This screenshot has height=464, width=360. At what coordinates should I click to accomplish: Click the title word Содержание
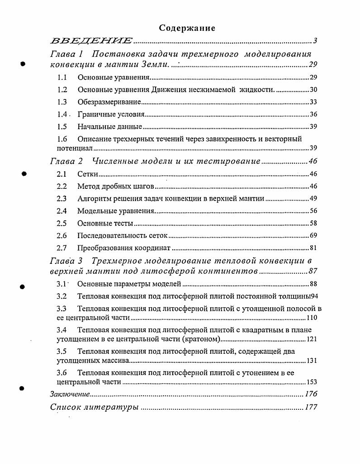click(187, 28)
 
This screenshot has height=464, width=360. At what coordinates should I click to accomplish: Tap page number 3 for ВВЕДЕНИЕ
click(315, 41)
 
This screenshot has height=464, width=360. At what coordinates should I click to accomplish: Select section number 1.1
click(62, 78)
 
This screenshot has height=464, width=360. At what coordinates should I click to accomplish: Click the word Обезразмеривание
click(109, 102)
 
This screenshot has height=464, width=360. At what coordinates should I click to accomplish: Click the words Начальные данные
click(109, 127)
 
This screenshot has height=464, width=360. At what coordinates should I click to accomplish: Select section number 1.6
click(62, 139)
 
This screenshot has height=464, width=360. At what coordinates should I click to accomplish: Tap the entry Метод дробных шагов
click(116, 186)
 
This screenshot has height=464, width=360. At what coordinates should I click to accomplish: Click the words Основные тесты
click(105, 223)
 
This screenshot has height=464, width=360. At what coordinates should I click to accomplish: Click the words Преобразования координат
click(123, 248)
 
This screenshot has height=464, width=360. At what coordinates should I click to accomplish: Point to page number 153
click(311, 382)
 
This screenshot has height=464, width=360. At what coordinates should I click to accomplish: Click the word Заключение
click(69, 394)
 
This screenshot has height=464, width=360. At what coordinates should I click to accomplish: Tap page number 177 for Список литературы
click(311, 407)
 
